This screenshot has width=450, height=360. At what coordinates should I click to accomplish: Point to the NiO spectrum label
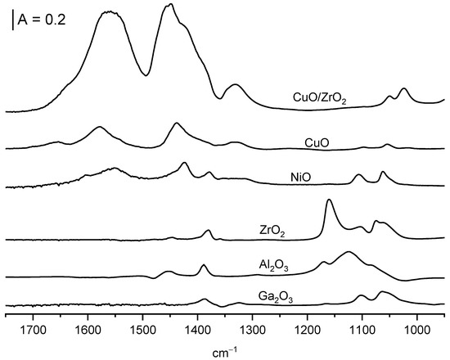pyautogui.click(x=300, y=176)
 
